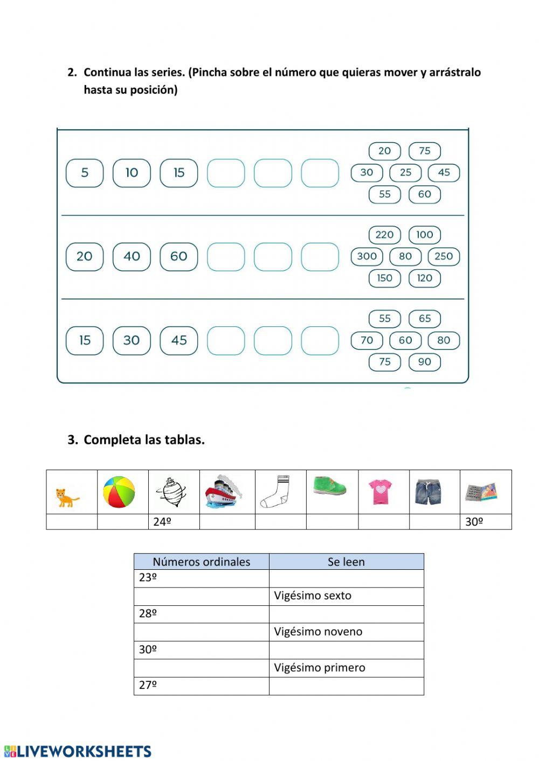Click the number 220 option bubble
pos(384,235)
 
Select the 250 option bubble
pos(444,256)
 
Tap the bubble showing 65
pos(425,318)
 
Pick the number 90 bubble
pos(425,362)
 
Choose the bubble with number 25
pos(405,172)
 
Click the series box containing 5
pos(85,173)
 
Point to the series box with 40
pos(132,256)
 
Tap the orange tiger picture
pos(67,497)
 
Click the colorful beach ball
pos(119,492)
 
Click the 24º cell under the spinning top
pos(174,522)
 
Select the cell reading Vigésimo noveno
pos(346,632)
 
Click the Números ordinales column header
pos(201,562)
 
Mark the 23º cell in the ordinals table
pos(201,578)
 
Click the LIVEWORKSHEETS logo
pos(78,751)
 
